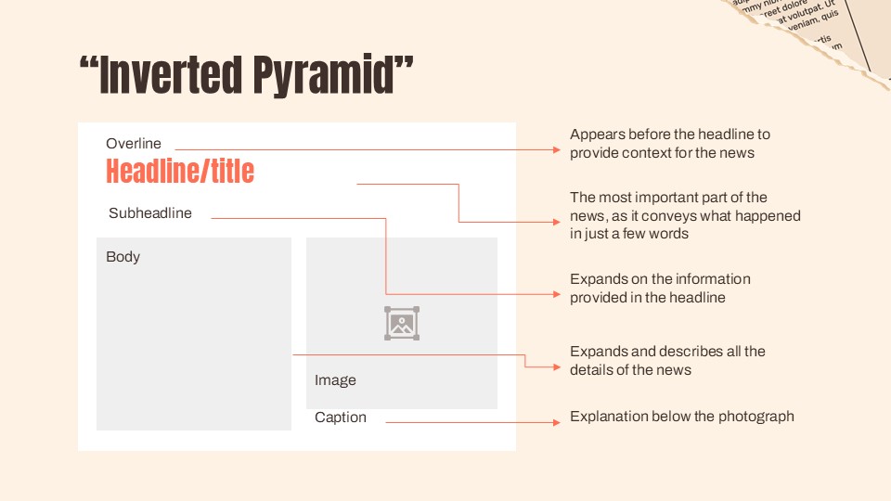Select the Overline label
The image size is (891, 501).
coord(133,144)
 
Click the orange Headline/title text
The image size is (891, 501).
coord(179,172)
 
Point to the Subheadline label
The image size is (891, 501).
coord(150,213)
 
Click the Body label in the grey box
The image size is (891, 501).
coord(123,257)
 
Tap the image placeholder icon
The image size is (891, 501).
coord(402,323)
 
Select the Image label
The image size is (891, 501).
coord(335,380)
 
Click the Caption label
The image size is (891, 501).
coord(341,417)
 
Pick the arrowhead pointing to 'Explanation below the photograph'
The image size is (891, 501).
coord(557,422)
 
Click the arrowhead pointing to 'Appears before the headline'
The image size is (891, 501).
coord(557,148)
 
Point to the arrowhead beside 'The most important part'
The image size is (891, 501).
coord(557,221)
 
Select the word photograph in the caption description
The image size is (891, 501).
coord(756,417)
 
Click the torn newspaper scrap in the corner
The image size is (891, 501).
coord(817,28)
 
